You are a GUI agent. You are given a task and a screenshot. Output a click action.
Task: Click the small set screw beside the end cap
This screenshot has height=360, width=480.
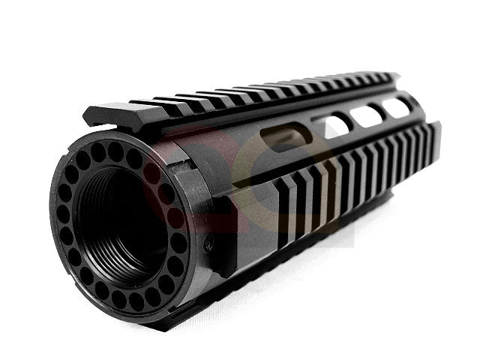(209, 244)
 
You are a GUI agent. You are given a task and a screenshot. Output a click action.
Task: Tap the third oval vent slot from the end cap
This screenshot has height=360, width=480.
(367, 115)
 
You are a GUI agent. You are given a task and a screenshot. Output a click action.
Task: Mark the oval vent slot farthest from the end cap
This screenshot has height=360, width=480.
(397, 106)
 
